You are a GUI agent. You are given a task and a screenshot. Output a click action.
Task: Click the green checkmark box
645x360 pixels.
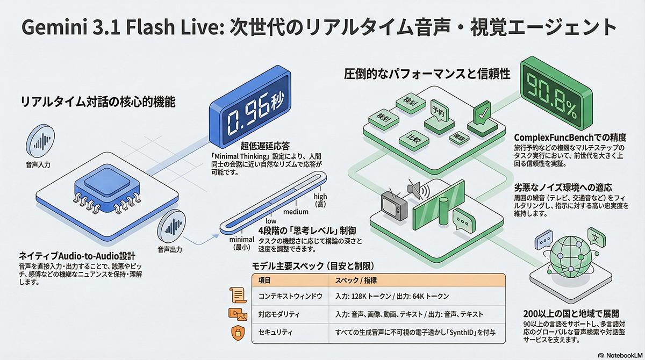(483, 116)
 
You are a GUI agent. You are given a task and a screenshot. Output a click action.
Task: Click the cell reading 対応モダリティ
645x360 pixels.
(279, 314)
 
